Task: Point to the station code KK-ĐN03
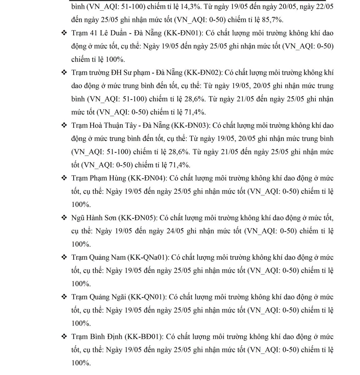pos(192,126)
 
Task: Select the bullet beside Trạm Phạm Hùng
pos(64,178)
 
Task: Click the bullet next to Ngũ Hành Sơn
pos(64,218)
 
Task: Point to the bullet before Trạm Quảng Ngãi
pos(64,297)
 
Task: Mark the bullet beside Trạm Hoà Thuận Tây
pos(64,126)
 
